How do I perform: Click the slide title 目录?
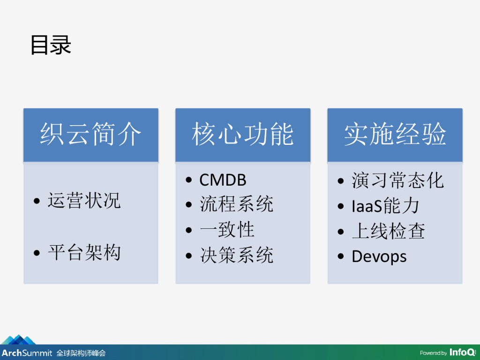(x=51, y=45)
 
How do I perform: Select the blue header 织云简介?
(x=91, y=135)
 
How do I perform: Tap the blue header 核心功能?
(x=243, y=135)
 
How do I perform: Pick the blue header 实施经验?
(x=395, y=135)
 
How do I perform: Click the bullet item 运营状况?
(x=84, y=201)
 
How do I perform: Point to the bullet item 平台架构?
(x=84, y=253)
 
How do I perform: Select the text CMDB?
(x=223, y=180)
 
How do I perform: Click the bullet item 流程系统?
(x=237, y=204)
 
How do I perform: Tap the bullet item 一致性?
(x=227, y=230)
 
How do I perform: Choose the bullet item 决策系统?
(x=237, y=255)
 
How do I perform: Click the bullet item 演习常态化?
(x=397, y=180)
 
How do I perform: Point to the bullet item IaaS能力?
(x=385, y=206)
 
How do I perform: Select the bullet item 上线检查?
(x=389, y=231)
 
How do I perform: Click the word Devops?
(x=379, y=256)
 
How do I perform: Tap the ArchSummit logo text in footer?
(x=27, y=353)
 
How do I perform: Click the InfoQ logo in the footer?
(x=462, y=352)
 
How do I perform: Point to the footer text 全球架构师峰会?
(x=81, y=353)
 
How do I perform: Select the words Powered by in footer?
(x=433, y=353)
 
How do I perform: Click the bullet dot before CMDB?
(x=189, y=180)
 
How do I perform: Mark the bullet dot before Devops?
(x=341, y=256)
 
